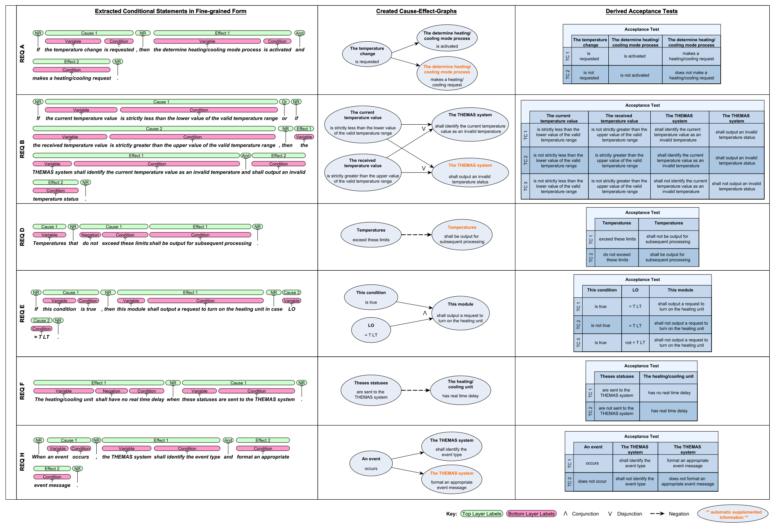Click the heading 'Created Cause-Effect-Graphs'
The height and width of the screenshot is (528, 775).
[416, 11]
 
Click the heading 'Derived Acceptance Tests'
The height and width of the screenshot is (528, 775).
[642, 11]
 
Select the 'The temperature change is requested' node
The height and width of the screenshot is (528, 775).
[367, 55]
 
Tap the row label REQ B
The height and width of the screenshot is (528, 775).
[22, 149]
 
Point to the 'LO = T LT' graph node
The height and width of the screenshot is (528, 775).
[371, 330]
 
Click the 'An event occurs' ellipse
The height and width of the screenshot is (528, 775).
[371, 463]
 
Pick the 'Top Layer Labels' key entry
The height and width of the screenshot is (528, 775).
[482, 514]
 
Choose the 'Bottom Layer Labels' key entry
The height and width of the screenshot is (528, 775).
[531, 514]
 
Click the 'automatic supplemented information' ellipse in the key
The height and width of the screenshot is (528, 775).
[733, 514]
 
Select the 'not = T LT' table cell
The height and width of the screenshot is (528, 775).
[635, 343]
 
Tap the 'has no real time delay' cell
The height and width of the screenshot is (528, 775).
[669, 393]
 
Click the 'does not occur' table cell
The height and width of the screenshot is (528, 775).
[592, 481]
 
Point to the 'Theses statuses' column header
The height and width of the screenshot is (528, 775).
[617, 377]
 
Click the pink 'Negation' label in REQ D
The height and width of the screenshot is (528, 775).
[90, 235]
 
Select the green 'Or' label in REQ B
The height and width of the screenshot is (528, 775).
[284, 102]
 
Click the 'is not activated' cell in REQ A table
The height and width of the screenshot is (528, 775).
[635, 75]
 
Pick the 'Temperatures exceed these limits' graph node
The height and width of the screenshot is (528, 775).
[371, 235]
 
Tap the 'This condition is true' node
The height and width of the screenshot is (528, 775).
[371, 297]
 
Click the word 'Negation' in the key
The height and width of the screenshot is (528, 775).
[679, 514]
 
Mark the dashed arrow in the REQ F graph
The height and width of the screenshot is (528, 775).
[416, 390]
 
